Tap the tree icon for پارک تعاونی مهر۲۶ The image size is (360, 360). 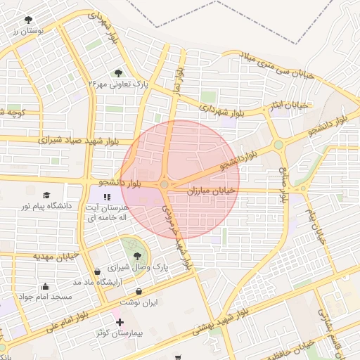(117, 72)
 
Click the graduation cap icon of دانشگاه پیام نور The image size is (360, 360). (46, 195)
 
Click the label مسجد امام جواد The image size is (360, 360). (46, 297)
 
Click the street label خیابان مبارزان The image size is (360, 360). (214, 191)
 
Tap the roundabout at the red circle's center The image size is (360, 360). (165, 184)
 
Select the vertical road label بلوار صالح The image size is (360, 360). (284, 185)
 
